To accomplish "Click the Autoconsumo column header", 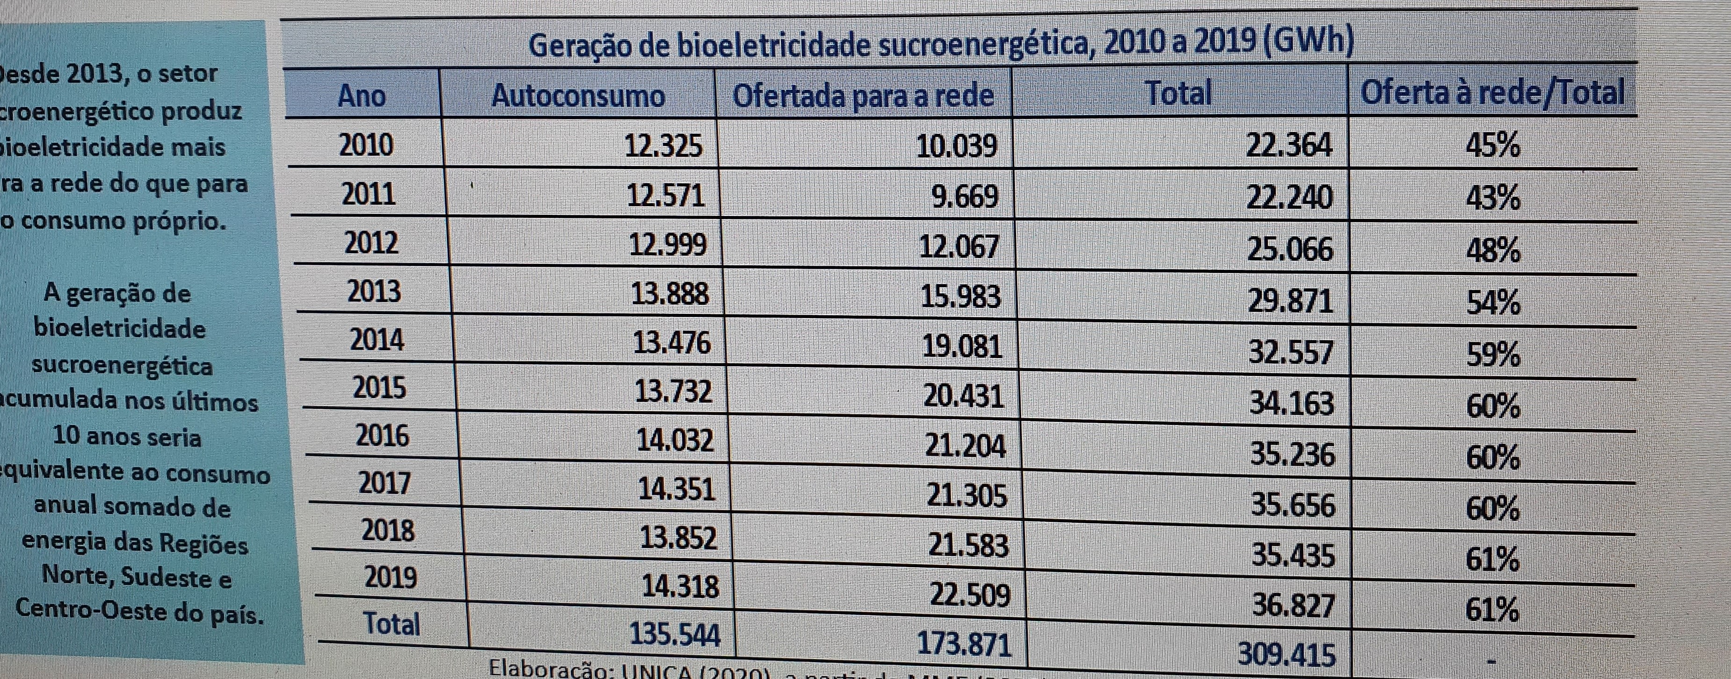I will [x=578, y=95].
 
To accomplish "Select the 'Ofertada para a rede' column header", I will [x=862, y=95].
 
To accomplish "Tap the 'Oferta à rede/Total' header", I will [x=1492, y=92].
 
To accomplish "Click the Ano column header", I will [x=362, y=95].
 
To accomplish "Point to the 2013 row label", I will [x=374, y=291].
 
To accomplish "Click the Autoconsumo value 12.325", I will [x=663, y=145].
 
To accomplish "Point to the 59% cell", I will [x=1493, y=354].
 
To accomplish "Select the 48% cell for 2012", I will [x=1493, y=251].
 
